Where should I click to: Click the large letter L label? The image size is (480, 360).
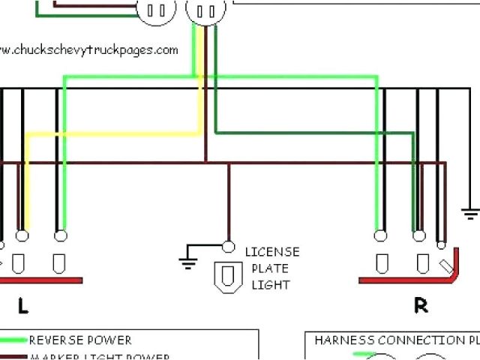(x=23, y=305)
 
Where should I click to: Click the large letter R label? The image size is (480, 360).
(x=421, y=305)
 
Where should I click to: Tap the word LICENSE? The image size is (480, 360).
(x=271, y=252)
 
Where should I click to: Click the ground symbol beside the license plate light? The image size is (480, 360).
(x=187, y=260)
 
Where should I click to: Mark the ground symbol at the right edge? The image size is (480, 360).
(x=471, y=213)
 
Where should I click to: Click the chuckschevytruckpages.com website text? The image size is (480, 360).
(x=89, y=50)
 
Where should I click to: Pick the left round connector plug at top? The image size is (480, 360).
(x=157, y=10)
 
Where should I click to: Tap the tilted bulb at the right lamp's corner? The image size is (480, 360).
(x=447, y=264)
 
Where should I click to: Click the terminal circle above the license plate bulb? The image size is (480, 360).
(x=229, y=246)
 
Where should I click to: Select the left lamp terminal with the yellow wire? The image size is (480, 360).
(x=22, y=235)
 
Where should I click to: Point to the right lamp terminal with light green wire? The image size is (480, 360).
(x=381, y=235)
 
